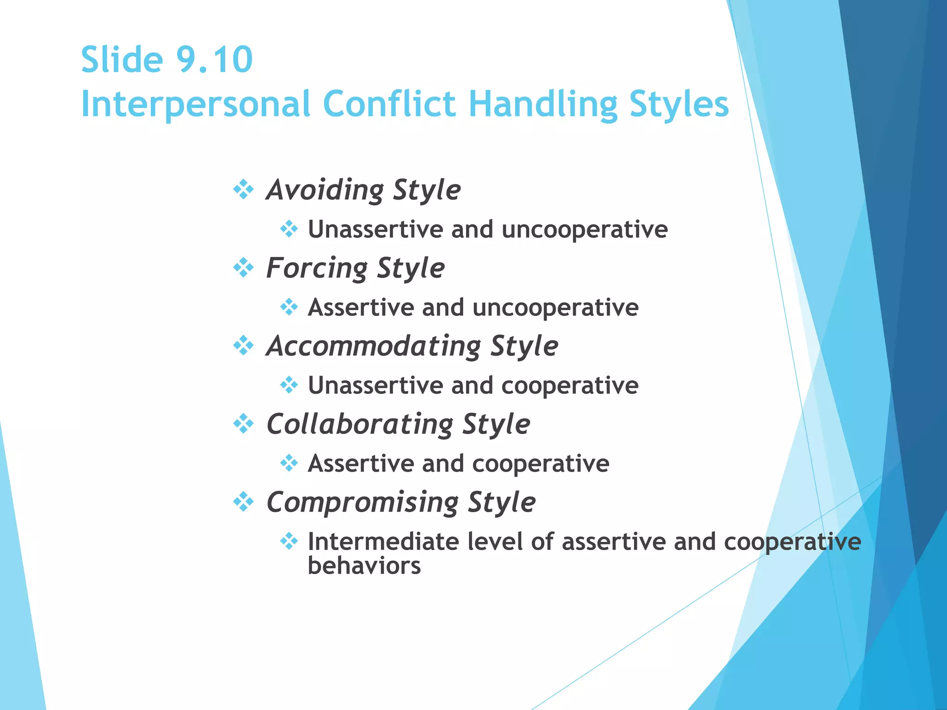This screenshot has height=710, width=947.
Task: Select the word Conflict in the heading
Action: coord(389,104)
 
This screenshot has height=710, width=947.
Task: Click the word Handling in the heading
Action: coord(543,104)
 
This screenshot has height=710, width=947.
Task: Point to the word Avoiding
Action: coord(325,190)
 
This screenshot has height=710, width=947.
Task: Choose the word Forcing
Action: coord(317,268)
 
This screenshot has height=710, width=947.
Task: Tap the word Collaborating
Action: coord(360,424)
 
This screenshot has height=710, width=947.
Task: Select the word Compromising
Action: coord(363,502)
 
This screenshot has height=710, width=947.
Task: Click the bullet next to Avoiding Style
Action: coord(243,190)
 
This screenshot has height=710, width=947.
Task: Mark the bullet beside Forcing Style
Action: coord(243,268)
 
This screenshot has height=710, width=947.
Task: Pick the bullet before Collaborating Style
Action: coord(243,423)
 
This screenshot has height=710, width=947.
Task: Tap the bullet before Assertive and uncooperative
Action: coord(289,307)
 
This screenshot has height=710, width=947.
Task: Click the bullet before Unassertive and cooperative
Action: coord(289,385)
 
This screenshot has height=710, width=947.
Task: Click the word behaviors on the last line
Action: coord(364,566)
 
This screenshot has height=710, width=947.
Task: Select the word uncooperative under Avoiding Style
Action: coord(584,230)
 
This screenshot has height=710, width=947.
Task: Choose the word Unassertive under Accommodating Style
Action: coord(375,386)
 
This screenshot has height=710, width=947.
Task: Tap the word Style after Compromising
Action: coord(501,502)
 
